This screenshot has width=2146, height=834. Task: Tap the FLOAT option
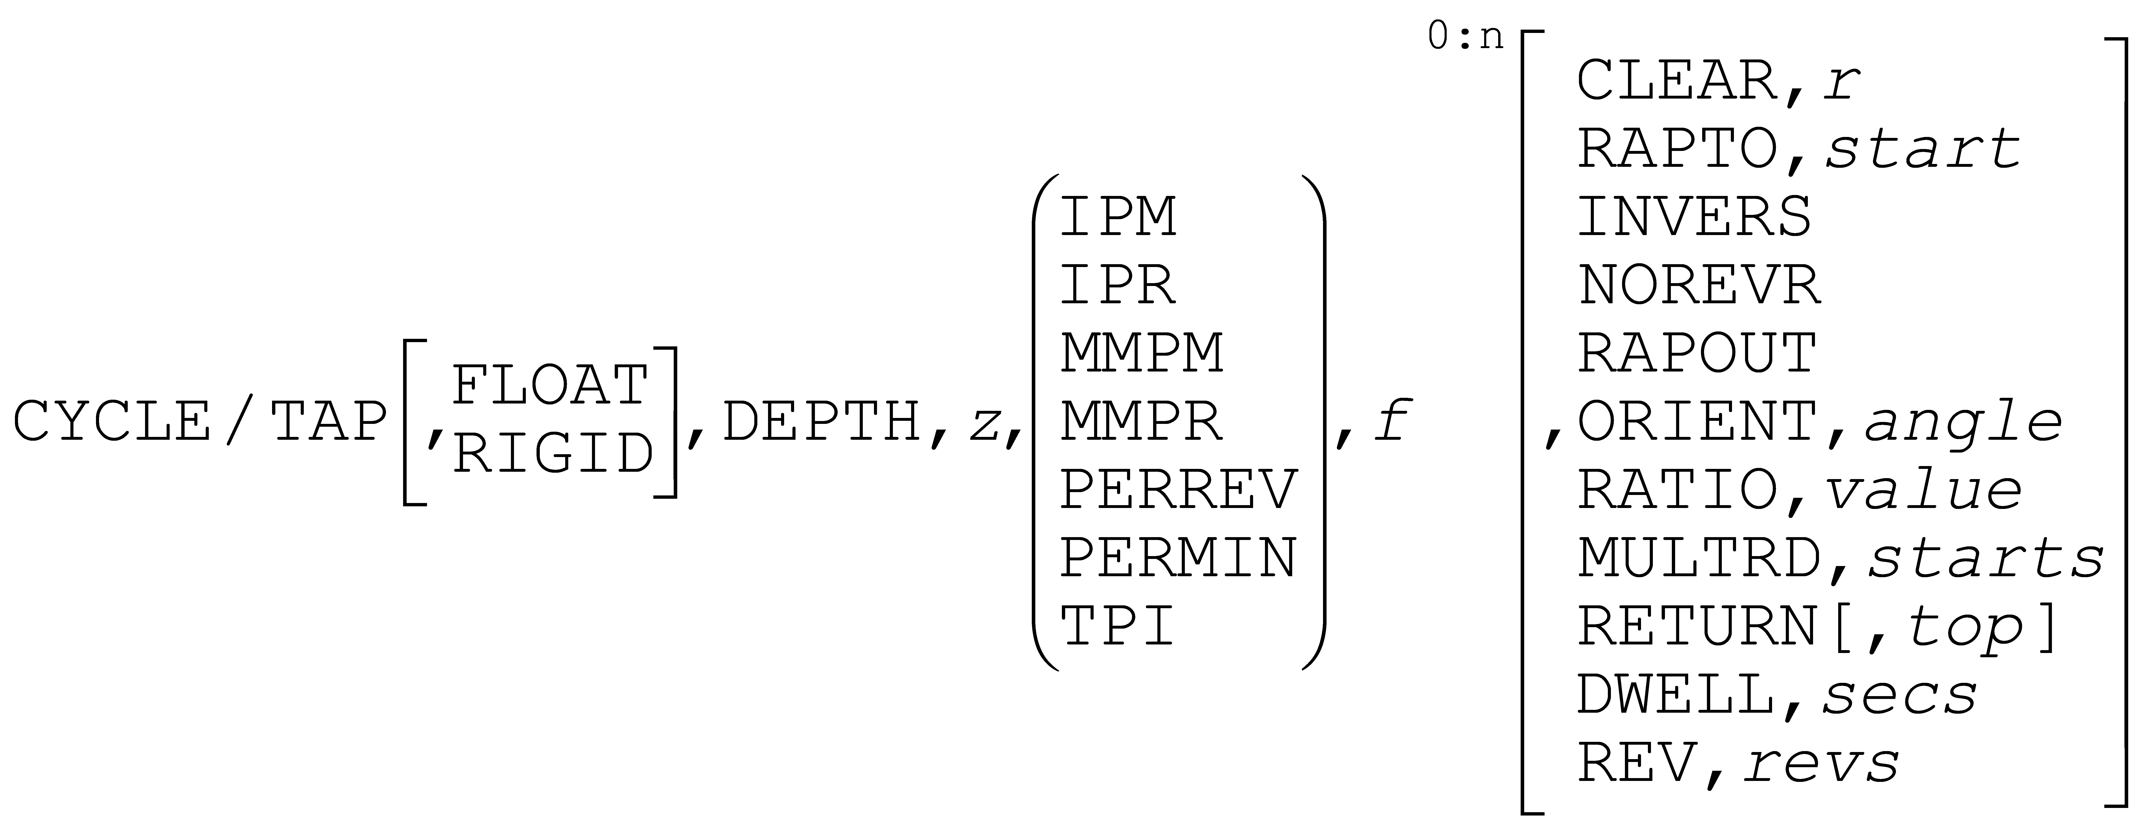(550, 385)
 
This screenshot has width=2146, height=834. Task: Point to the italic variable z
(984, 425)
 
